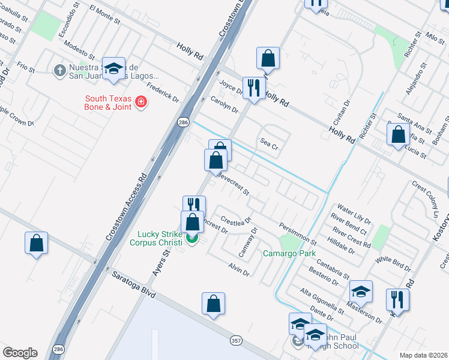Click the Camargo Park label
point(289,254)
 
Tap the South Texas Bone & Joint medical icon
point(141,103)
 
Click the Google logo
point(20,353)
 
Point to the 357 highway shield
point(236,340)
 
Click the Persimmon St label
point(297,233)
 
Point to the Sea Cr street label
point(268,143)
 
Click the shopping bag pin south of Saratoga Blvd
point(213,304)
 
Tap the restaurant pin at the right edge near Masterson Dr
point(397,298)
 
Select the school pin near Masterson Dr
point(360,292)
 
